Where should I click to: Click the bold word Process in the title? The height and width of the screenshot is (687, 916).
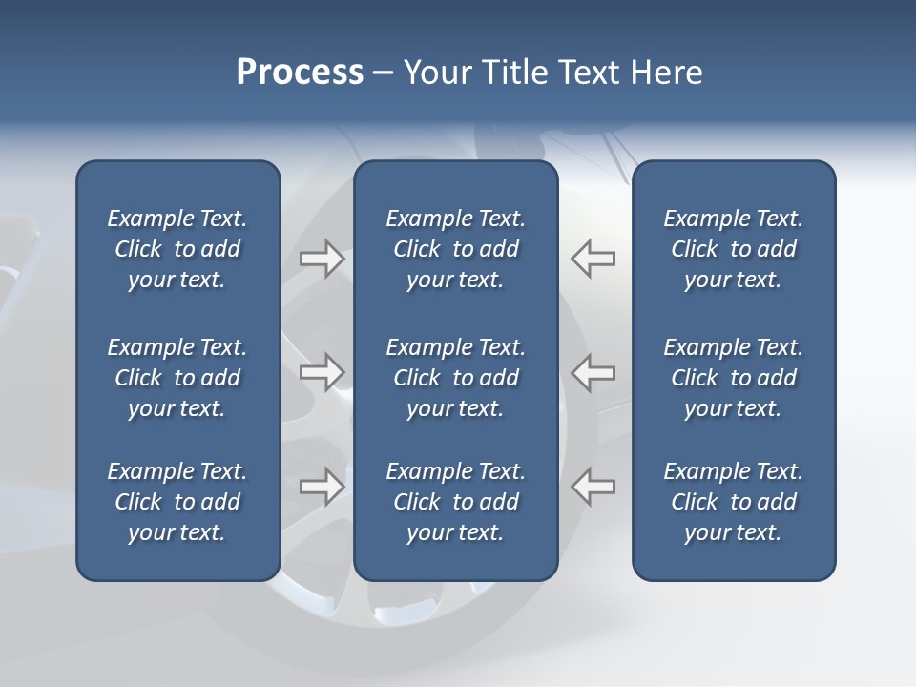point(300,73)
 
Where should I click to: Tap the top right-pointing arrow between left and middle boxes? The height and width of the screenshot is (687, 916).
point(322,259)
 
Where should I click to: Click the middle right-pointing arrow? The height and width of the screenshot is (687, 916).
point(322,372)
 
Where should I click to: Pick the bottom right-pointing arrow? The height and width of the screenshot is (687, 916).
point(322,487)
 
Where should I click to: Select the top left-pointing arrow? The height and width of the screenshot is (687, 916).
point(593,259)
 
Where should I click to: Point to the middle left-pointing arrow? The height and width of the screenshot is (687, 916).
point(593,372)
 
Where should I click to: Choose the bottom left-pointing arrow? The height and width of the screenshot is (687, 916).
point(593,487)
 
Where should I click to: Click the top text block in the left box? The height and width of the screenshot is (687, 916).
point(177,249)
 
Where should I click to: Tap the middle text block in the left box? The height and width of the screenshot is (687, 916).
point(177,378)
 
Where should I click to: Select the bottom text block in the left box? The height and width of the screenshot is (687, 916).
point(177,502)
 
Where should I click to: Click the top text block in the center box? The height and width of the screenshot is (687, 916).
point(455,249)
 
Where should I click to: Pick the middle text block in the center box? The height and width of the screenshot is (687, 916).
point(455,378)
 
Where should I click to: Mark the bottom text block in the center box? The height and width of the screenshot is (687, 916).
point(455,502)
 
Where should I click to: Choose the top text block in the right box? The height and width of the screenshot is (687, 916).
point(733,249)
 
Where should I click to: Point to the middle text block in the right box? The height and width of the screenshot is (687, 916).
point(733,378)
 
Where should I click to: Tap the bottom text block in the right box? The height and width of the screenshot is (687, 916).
point(733,502)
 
